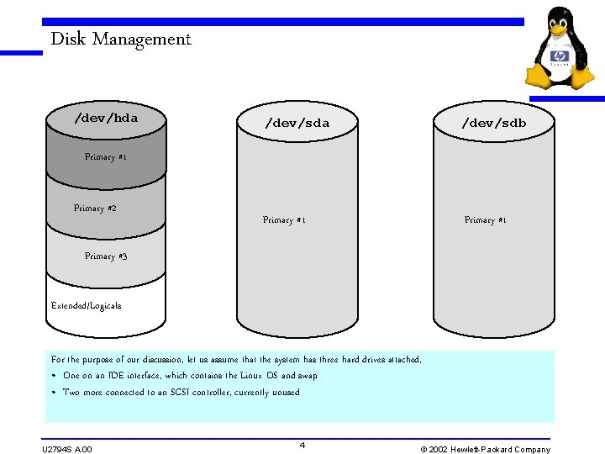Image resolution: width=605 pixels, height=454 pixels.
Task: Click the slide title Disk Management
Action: point(121,39)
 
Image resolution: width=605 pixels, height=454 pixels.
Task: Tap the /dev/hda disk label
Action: point(106,118)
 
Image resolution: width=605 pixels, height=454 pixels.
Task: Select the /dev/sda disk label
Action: point(297,124)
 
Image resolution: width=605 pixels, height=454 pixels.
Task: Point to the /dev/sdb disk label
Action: point(493,124)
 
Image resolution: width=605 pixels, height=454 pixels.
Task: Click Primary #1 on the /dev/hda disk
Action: point(106,157)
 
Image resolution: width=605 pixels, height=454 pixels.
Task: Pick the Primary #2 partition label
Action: point(95,209)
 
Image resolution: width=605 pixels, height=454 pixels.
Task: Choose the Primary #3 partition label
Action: point(106,256)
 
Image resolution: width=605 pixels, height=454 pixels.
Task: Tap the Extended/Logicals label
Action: point(86,306)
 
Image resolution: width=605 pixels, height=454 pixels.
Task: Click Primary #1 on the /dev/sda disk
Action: point(284,220)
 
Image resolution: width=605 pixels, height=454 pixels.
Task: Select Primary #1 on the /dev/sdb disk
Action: point(486,220)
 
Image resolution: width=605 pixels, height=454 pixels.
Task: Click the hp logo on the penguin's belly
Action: point(560,57)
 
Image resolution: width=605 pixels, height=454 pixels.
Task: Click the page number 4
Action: point(302,444)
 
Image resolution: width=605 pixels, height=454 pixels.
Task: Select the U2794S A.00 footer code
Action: point(67,449)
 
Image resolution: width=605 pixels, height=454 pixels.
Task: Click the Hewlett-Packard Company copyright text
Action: point(485,449)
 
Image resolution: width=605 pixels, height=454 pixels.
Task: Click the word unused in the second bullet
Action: point(286,393)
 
